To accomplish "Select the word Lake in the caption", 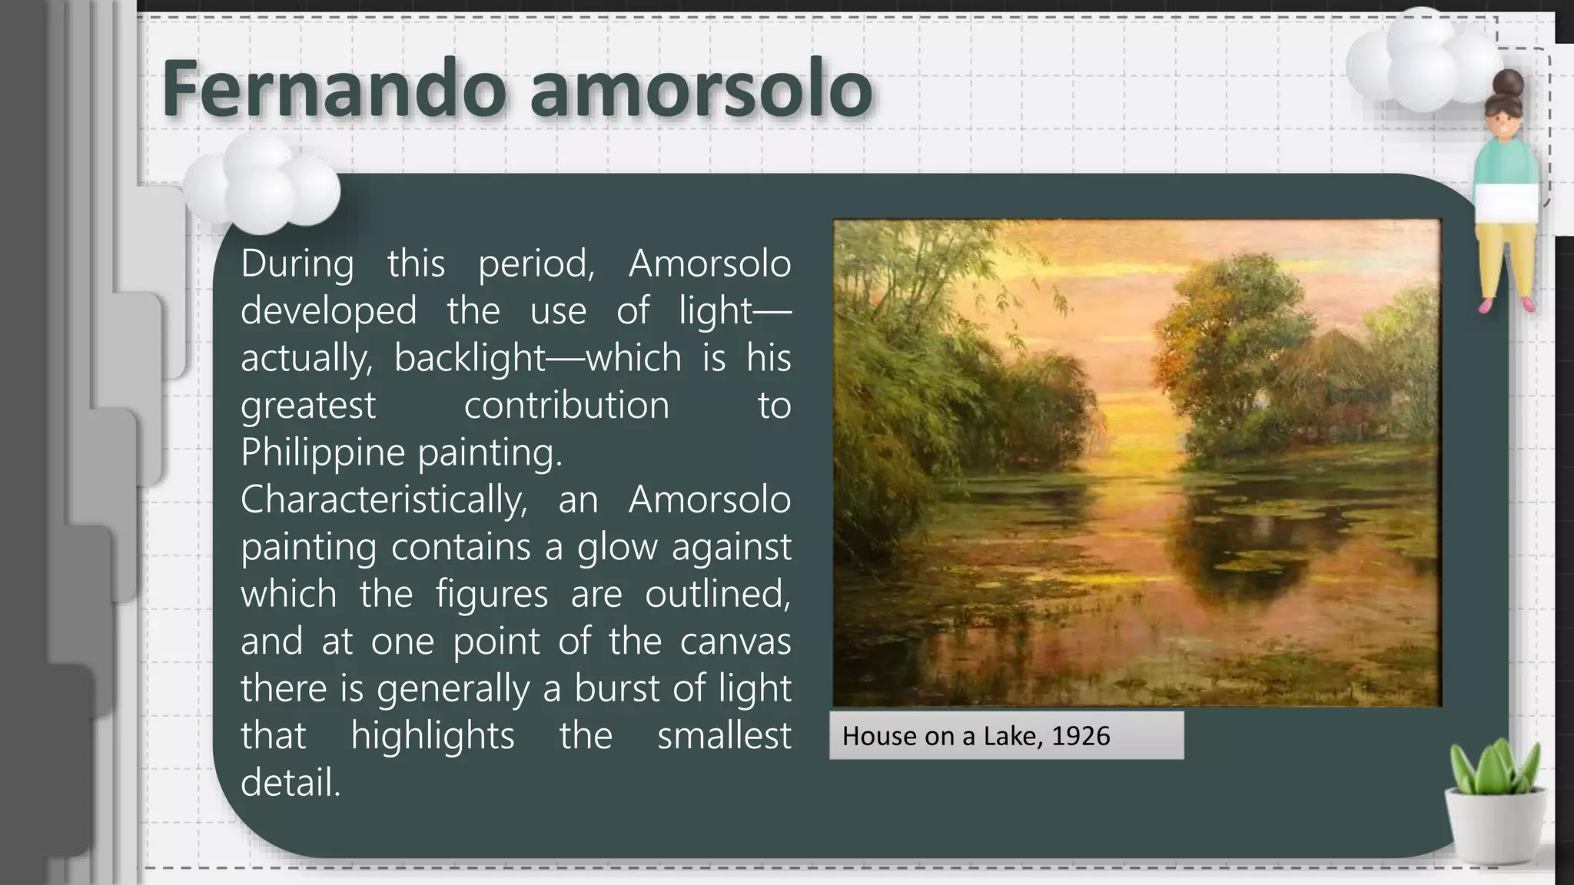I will click(x=1013, y=736).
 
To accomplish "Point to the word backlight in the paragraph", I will click(x=470, y=358).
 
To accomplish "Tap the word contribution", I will click(x=566, y=405).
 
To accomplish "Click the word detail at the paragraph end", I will click(x=290, y=782).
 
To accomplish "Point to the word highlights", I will click(x=432, y=735).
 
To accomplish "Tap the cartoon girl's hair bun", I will click(x=1509, y=81).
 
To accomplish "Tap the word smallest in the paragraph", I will click(x=723, y=735).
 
